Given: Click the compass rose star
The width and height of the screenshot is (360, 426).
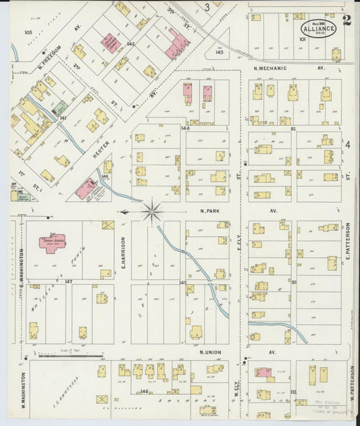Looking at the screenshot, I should click(x=152, y=212).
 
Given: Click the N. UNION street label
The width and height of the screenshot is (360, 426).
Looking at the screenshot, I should click(x=211, y=352).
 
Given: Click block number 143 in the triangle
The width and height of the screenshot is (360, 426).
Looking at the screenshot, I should click(x=220, y=51).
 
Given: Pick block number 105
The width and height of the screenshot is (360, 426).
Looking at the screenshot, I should click(x=28, y=32).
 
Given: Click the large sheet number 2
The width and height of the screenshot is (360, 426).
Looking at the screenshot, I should click(x=346, y=20).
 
